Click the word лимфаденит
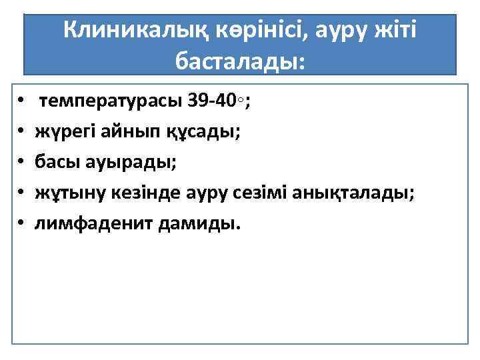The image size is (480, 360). pyautogui.click(x=94, y=224)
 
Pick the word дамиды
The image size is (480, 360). pyautogui.click(x=198, y=224)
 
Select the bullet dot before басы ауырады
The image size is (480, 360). pyautogui.click(x=22, y=163)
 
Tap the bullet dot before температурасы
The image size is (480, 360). pyautogui.click(x=22, y=102)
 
